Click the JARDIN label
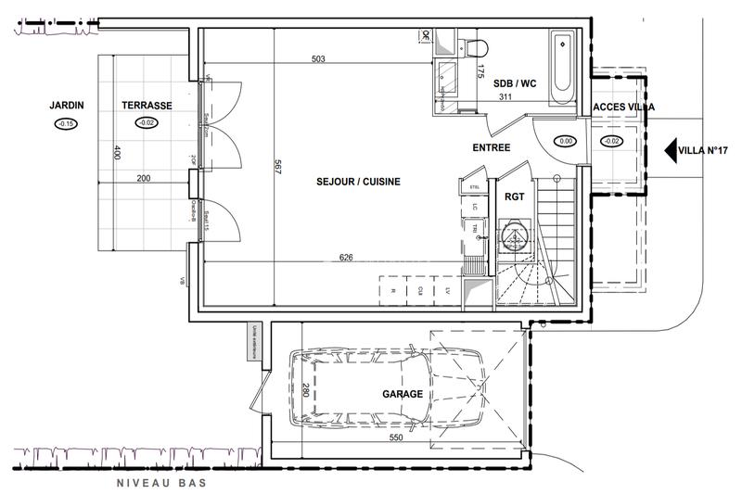(x=67, y=106)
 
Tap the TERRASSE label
(x=146, y=106)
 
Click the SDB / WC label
(x=515, y=83)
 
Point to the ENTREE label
(x=492, y=148)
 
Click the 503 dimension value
(x=319, y=59)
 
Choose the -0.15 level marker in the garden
(x=66, y=124)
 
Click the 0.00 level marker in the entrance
(x=565, y=141)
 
